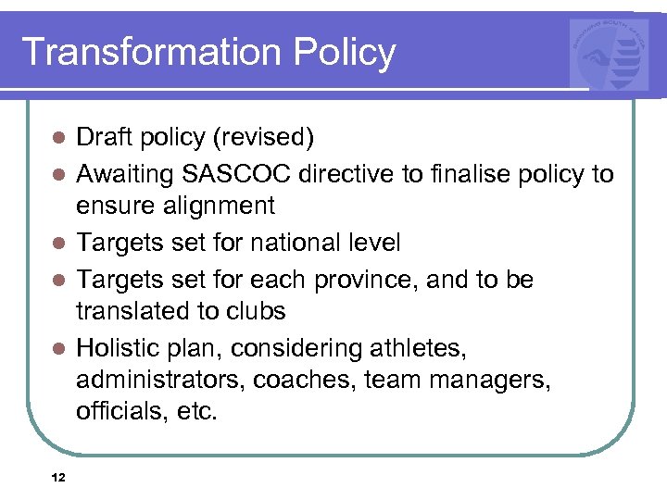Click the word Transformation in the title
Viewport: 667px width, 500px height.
[149, 52]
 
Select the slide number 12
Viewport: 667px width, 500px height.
[58, 478]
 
